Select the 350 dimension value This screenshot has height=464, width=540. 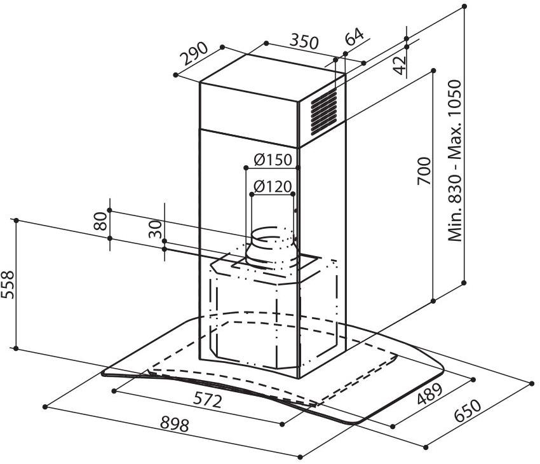[304, 41]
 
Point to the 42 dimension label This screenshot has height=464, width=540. [400, 65]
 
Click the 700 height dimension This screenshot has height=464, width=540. [424, 171]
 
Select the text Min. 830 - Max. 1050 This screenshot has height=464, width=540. [454, 161]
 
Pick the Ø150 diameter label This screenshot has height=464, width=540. [273, 160]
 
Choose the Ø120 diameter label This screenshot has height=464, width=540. [273, 186]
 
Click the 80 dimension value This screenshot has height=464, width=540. [100, 221]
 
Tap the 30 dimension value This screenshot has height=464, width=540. [155, 229]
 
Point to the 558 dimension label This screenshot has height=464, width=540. [8, 285]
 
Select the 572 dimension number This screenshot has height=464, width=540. [207, 400]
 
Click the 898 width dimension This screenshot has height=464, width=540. [175, 425]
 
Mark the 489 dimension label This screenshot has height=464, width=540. [429, 393]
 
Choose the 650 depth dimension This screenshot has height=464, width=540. [468, 410]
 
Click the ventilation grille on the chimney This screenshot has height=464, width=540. [324, 111]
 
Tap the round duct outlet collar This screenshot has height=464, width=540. [271, 247]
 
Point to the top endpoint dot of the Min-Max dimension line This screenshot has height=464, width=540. [464, 6]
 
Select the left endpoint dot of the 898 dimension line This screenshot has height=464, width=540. [44, 407]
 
